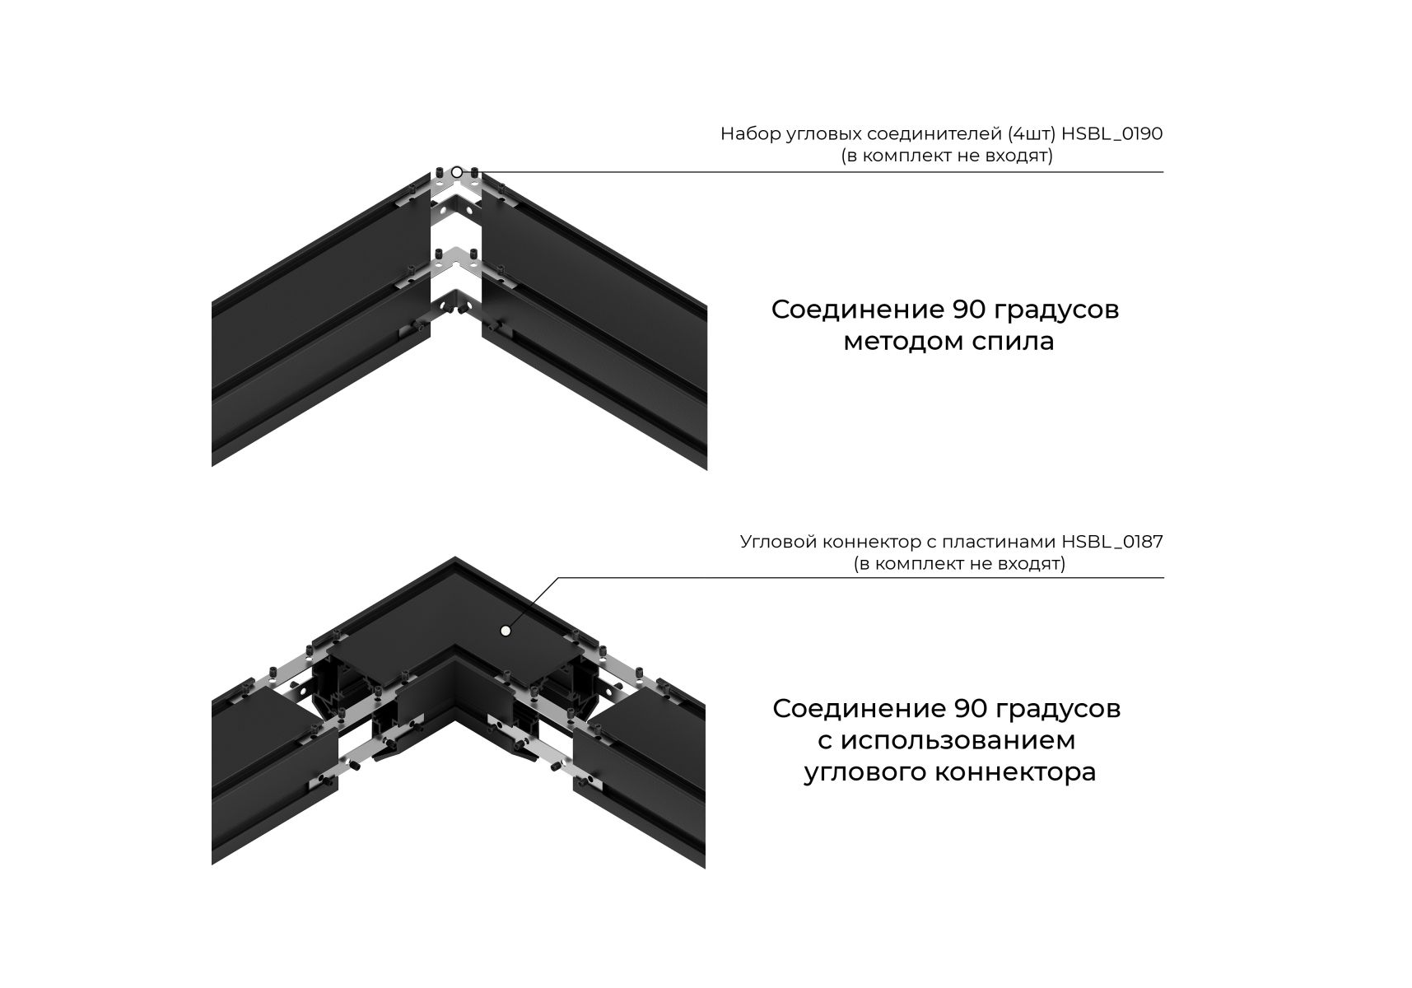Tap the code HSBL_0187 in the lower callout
tap(1112, 543)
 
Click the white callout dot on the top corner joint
tap(457, 172)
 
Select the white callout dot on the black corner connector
tap(506, 631)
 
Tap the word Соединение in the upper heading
tap(858, 310)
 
